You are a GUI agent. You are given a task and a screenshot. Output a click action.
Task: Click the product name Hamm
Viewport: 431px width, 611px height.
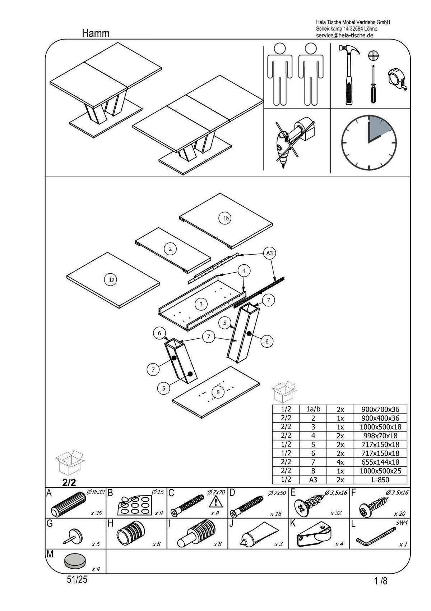pos(96,33)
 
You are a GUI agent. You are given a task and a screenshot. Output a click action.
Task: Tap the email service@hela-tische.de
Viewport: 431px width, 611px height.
pos(344,35)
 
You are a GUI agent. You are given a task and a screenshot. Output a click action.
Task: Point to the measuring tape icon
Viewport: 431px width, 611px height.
pos(398,79)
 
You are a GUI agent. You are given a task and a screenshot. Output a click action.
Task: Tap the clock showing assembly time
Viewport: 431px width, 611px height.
pos(369,142)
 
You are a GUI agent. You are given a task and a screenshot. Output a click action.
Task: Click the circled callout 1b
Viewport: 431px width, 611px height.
pos(225,218)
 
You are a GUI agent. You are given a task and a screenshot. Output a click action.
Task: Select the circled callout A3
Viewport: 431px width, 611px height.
pos(269,253)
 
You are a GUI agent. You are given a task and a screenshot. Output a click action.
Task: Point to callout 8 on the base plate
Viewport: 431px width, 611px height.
pos(218,392)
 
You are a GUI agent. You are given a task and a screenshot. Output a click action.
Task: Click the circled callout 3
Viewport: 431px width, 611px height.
pos(201,304)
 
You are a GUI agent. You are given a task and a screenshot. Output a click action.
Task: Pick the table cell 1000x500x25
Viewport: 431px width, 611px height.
pos(380,471)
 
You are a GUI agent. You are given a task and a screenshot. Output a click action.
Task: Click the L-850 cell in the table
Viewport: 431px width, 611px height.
pos(380,479)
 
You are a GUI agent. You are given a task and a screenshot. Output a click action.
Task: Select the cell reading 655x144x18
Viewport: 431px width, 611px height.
pos(380,462)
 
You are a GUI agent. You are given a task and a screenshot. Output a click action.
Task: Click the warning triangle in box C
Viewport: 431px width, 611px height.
pos(215,501)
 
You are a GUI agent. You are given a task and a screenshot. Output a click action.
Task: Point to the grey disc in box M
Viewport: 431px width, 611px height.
pos(75,561)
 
